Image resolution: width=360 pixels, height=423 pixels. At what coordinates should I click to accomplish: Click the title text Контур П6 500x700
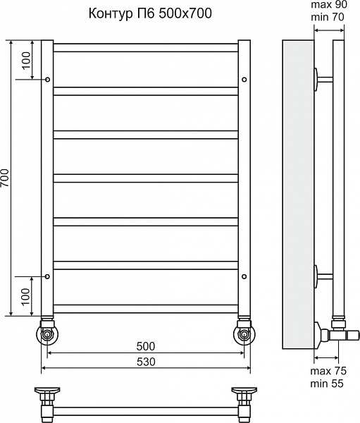pyautogui.click(x=150, y=13)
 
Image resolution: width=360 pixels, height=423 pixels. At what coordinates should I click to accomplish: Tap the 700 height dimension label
pyautogui.click(x=5, y=178)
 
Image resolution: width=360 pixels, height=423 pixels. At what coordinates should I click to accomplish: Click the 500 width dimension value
pyautogui.click(x=146, y=346)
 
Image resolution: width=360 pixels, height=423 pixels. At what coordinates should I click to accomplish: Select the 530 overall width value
pyautogui.click(x=146, y=362)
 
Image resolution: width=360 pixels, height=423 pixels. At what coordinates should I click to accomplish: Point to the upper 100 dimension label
pyautogui.click(x=27, y=61)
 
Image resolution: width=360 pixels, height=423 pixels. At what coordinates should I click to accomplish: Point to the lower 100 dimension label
pyautogui.click(x=26, y=297)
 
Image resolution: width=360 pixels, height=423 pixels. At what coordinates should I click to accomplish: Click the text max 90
pyautogui.click(x=329, y=5)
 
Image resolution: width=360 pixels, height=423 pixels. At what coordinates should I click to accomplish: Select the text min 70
pyautogui.click(x=328, y=17)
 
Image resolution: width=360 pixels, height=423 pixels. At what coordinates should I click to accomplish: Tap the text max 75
pyautogui.click(x=328, y=371)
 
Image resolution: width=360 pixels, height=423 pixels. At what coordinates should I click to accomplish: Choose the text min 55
pyautogui.click(x=327, y=384)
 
